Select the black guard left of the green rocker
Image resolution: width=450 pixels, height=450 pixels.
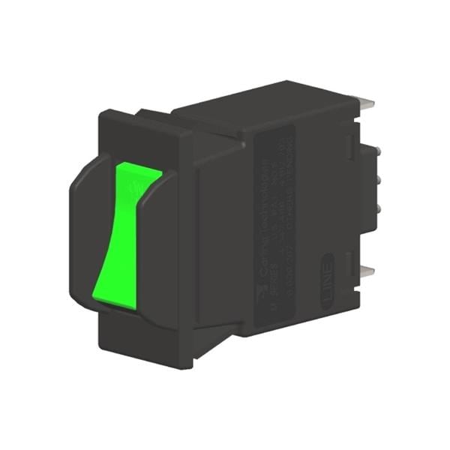[86, 225]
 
